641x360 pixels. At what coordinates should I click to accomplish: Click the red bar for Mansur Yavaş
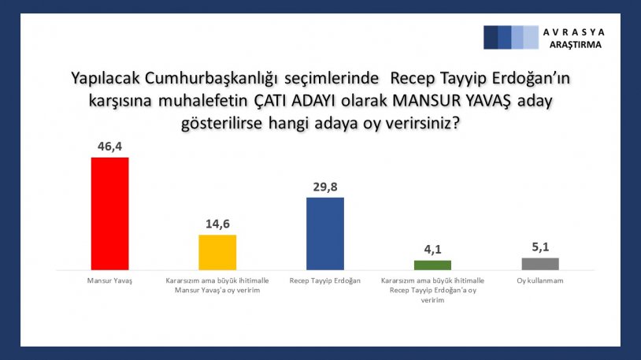[109, 213]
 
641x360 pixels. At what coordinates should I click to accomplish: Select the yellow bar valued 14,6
[217, 252]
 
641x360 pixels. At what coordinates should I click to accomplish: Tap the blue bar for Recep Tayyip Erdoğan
[325, 234]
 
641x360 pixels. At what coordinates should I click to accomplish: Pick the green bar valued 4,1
[432, 265]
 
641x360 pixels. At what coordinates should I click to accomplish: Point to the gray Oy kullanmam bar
[540, 264]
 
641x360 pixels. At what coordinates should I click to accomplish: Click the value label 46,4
[109, 147]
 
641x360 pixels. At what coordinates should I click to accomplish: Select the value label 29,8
[325, 187]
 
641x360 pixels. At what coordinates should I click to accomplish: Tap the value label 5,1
[540, 247]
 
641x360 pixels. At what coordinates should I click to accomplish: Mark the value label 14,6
[217, 224]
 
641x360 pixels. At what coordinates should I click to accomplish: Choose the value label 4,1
[432, 250]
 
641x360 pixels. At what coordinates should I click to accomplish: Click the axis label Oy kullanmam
[540, 280]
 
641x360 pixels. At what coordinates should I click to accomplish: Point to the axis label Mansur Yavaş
[109, 280]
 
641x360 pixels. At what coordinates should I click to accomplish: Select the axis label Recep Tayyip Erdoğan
[325, 280]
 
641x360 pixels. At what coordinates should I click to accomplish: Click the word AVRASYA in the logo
[573, 32]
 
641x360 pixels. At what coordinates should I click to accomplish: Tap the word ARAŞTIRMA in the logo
[575, 45]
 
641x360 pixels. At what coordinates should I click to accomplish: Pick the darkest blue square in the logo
[491, 37]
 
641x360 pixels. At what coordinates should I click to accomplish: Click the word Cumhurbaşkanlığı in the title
[211, 78]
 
